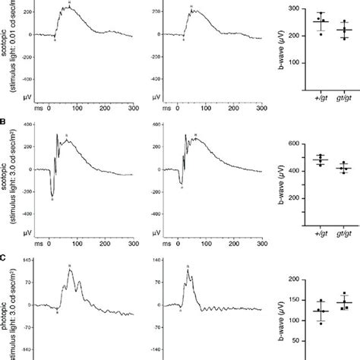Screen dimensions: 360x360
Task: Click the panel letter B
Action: point(4,120)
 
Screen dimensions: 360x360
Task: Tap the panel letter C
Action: point(4,257)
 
